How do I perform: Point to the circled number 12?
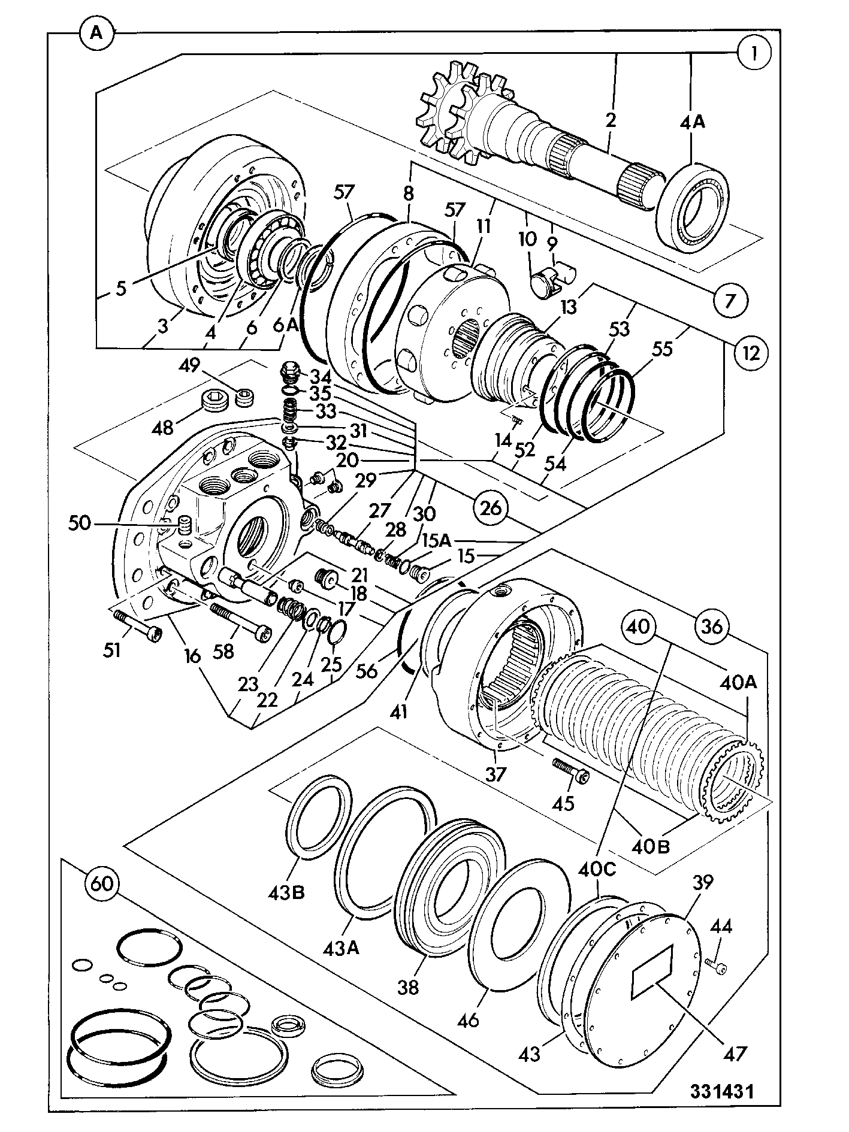point(750,352)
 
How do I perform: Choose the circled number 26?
point(491,508)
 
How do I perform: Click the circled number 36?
point(712,627)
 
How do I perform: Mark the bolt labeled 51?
point(137,626)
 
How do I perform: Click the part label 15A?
point(436,540)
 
